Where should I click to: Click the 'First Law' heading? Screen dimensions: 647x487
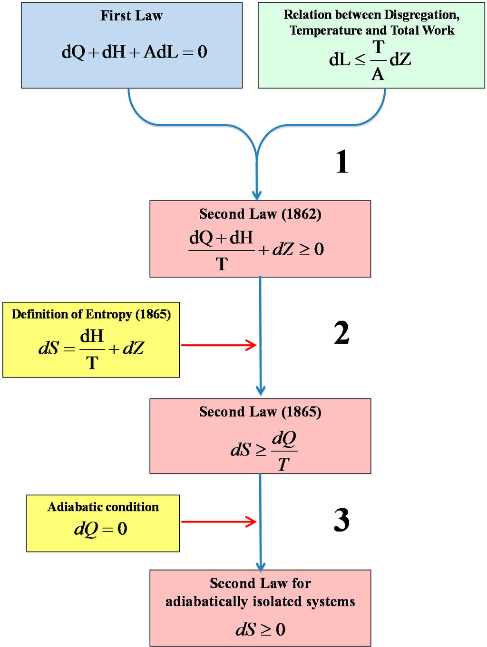coord(131,16)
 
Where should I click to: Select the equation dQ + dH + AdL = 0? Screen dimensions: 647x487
coord(134,52)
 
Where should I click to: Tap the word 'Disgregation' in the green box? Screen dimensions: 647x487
coord(421,15)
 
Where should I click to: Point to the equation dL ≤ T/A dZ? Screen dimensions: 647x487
coord(370,60)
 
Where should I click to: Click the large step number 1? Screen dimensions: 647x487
coord(342,162)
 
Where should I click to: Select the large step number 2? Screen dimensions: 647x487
coord(341,333)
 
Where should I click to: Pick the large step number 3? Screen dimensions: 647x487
coord(341,520)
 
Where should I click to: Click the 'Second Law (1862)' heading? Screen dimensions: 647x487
coord(260,214)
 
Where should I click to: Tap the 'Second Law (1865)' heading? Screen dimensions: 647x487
coord(260,412)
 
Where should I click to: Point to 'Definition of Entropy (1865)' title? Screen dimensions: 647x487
coord(91,314)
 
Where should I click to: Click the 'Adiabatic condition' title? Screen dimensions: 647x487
coord(103,507)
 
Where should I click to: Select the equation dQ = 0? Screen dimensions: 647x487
coord(101,529)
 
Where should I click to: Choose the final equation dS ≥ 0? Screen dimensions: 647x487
coord(260,629)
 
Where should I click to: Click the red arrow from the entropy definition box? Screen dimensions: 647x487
coord(219,345)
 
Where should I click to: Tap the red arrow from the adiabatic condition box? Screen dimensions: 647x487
coord(219,521)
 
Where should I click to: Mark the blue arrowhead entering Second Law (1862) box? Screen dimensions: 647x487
coord(257,195)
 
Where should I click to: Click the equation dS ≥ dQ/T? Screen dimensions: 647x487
coord(263,449)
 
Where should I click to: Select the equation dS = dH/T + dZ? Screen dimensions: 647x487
coord(91,348)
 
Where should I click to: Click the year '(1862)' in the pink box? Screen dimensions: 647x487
coord(302,214)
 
